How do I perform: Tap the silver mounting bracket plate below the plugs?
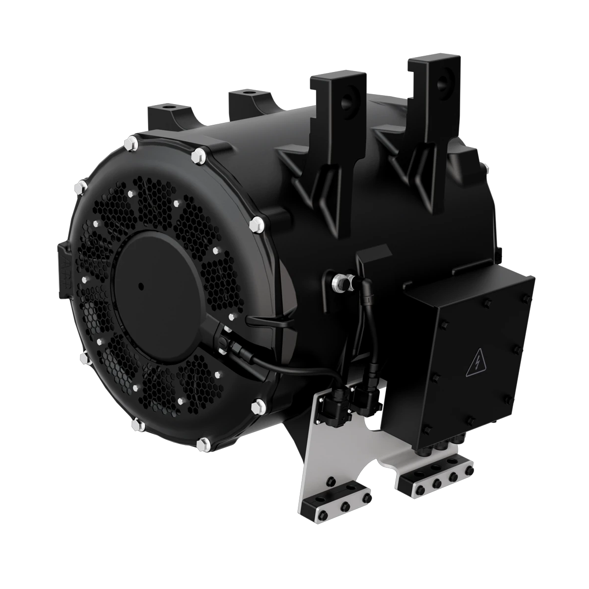click(316, 454)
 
